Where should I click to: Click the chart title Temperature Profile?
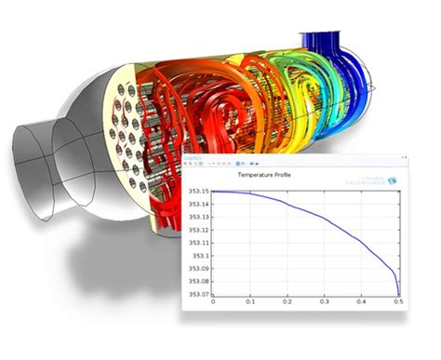[x=264, y=175]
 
